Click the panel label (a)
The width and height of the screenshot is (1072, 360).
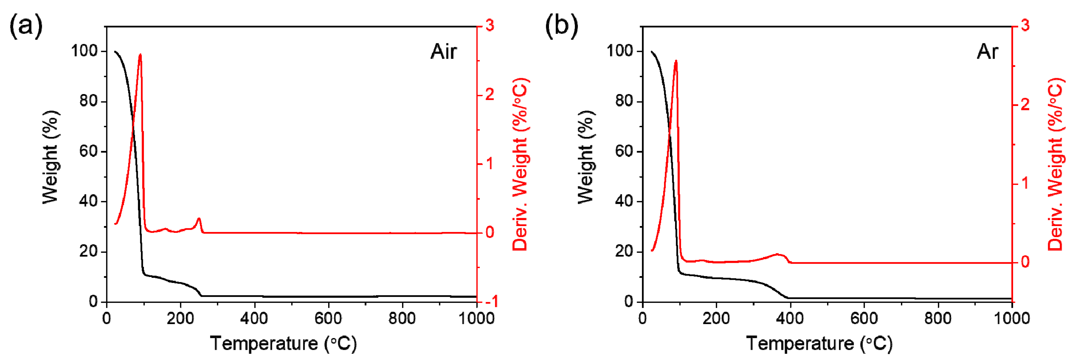coord(26,26)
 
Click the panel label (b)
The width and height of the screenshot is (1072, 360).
coord(561,26)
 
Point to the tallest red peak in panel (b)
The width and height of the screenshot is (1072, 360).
coord(676,61)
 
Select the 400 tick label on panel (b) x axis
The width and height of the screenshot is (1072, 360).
coord(790,319)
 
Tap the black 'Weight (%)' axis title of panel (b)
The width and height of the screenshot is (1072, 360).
coord(586,157)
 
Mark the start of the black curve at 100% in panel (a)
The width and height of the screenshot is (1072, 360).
coord(115,52)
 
